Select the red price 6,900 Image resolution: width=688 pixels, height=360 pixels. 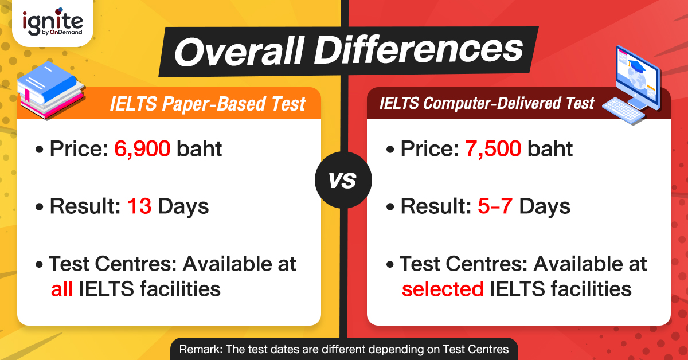tap(143, 149)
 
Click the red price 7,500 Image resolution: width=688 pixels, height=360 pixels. tap(494, 149)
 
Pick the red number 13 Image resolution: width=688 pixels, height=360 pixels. tap(139, 206)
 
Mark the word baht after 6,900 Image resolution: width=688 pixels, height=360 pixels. tap(200, 149)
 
